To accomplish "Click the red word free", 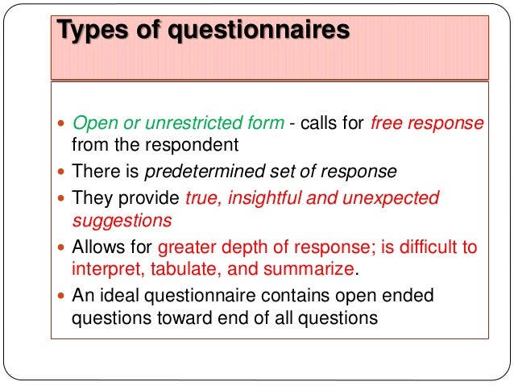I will click(387, 123).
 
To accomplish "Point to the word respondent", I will click(198, 146).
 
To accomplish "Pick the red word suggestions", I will click(121, 220).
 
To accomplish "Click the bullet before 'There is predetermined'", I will click(63, 172).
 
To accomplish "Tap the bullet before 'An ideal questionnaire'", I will click(63, 296).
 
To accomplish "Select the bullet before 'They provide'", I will click(63, 198).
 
